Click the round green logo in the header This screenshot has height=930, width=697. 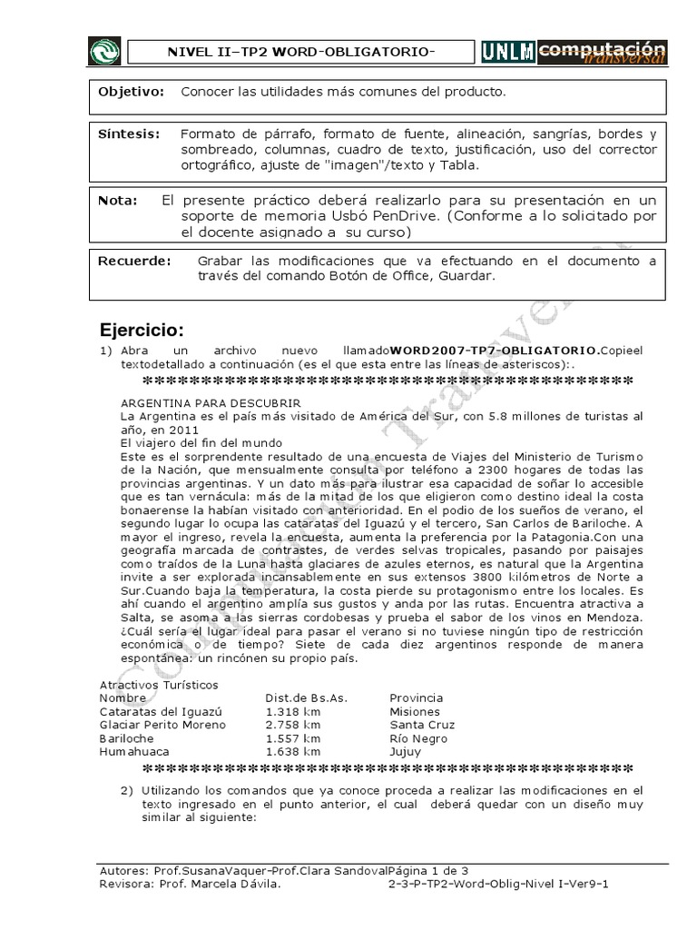tap(104, 52)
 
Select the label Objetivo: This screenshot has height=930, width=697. tap(132, 93)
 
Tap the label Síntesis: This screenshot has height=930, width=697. tap(129, 134)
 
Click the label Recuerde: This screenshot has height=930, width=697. tap(133, 261)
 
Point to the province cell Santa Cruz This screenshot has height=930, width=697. tap(422, 725)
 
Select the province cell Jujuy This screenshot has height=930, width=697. tap(406, 752)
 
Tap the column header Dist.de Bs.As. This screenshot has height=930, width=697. tap(307, 698)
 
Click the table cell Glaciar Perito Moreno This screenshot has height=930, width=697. tap(162, 725)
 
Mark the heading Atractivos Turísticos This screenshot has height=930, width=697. tap(159, 685)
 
